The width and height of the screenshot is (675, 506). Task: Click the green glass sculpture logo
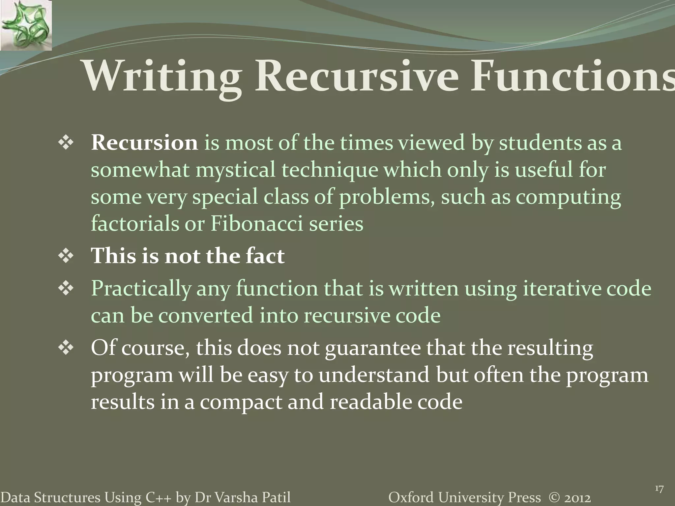(26, 25)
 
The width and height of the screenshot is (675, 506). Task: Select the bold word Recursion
(144, 143)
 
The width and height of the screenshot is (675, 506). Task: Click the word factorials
(134, 224)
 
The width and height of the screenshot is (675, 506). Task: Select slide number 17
(659, 489)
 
